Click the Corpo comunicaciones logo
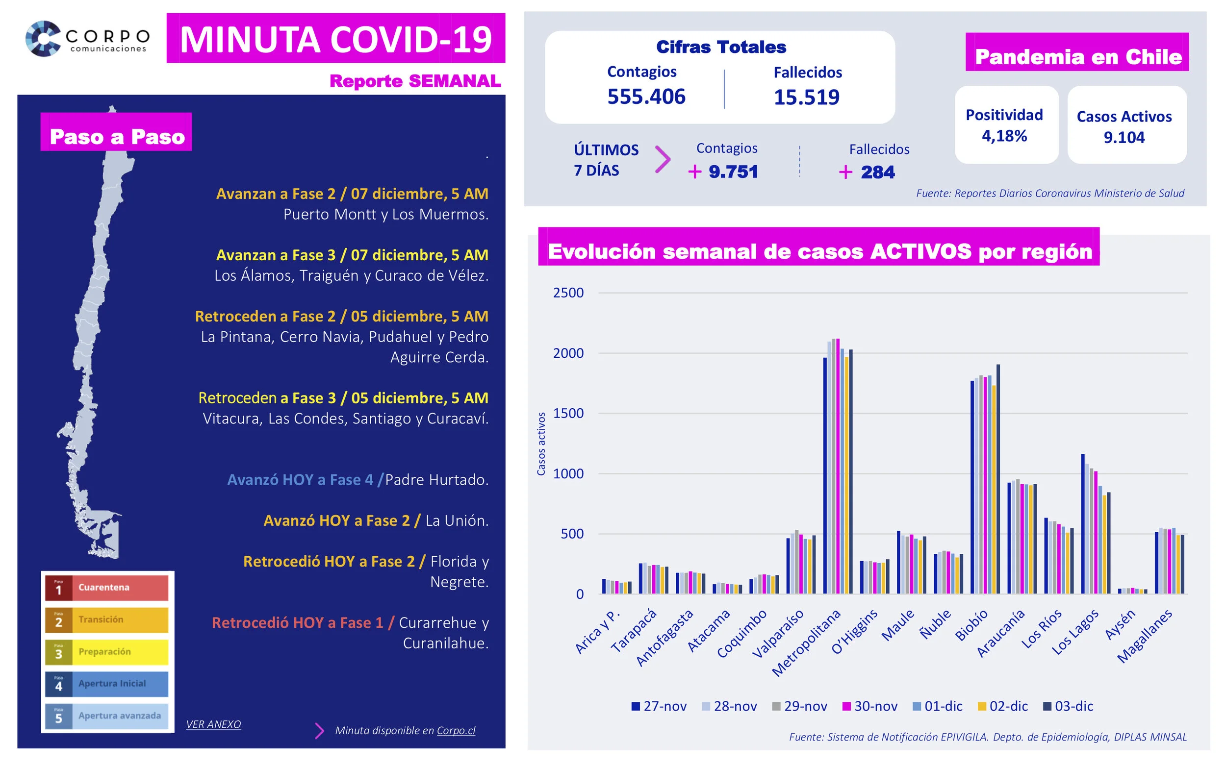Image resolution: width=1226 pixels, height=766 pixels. tap(87, 39)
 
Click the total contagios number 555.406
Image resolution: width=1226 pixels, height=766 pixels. tap(646, 96)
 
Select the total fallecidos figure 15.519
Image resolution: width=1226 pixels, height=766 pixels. tap(806, 97)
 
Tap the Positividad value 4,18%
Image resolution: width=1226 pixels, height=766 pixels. tap(1003, 136)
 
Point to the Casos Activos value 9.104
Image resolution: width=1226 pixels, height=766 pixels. tap(1124, 137)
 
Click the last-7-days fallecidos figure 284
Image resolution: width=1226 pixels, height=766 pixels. tap(877, 172)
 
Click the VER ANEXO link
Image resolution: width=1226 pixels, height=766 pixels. tap(213, 724)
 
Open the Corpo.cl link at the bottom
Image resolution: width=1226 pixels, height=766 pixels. tap(456, 731)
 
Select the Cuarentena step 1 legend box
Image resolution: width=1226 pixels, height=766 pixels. tap(106, 588)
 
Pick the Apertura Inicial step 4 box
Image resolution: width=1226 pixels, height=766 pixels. tap(106, 684)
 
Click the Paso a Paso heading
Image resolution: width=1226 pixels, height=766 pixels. tap(117, 137)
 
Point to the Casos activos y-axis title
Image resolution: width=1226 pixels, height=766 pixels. tap(541, 444)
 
